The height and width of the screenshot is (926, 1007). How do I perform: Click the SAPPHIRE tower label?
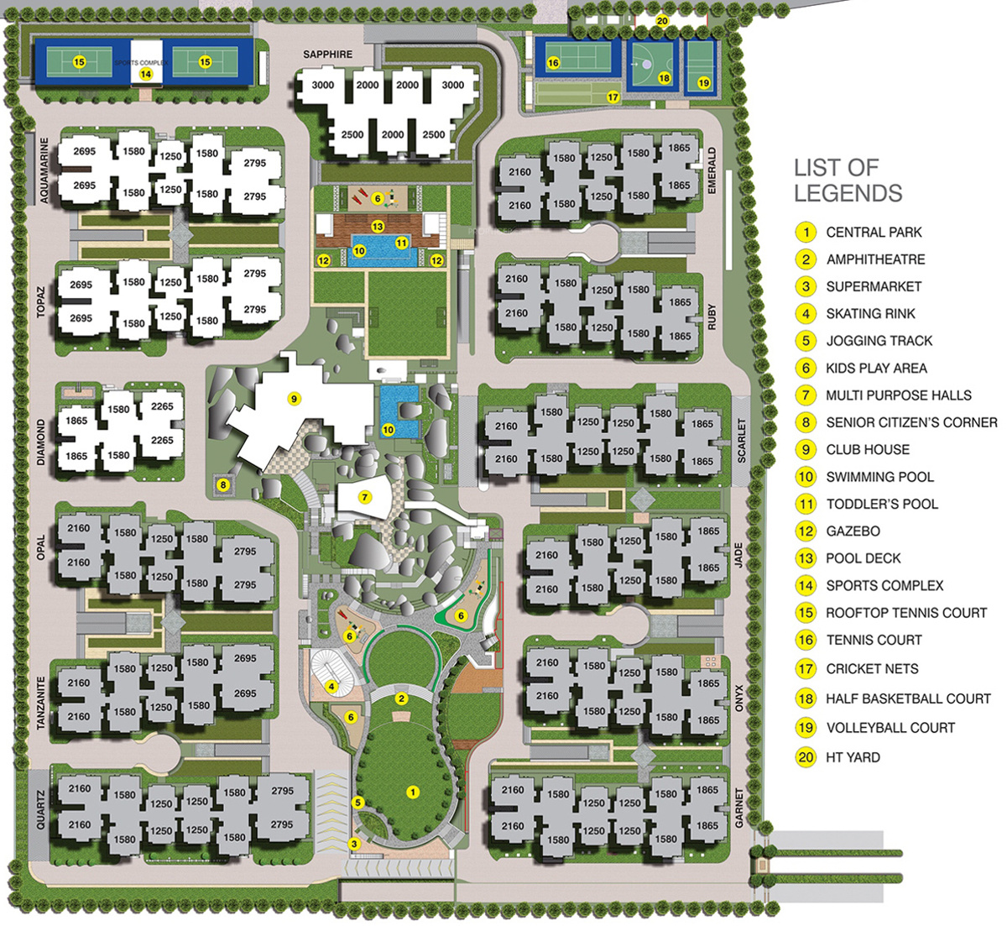click(x=328, y=55)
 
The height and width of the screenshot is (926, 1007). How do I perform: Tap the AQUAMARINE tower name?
click(x=44, y=170)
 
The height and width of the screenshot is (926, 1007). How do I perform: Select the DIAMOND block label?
click(x=42, y=442)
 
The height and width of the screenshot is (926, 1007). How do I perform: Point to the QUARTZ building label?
click(x=41, y=808)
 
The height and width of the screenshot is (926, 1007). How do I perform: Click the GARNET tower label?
click(x=739, y=808)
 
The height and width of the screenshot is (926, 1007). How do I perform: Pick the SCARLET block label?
click(x=741, y=440)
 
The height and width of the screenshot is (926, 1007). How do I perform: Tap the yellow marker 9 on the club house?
click(x=294, y=399)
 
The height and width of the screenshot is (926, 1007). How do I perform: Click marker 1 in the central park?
click(x=412, y=792)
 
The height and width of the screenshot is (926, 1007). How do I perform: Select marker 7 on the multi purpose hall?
click(x=364, y=497)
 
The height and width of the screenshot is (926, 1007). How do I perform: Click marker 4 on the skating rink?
click(x=332, y=686)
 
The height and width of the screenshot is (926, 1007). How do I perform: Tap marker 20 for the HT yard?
click(x=662, y=22)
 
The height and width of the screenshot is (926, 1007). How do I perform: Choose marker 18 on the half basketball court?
click(x=665, y=78)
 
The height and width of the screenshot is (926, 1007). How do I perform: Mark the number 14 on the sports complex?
click(x=145, y=74)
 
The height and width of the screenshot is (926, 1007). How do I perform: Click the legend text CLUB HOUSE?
click(x=868, y=449)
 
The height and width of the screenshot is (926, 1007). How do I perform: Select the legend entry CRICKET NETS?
click(x=872, y=669)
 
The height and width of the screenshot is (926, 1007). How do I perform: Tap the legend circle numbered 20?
click(x=806, y=757)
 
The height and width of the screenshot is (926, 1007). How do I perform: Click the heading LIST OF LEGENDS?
click(x=848, y=180)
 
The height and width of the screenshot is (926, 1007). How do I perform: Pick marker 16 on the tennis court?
click(x=553, y=63)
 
